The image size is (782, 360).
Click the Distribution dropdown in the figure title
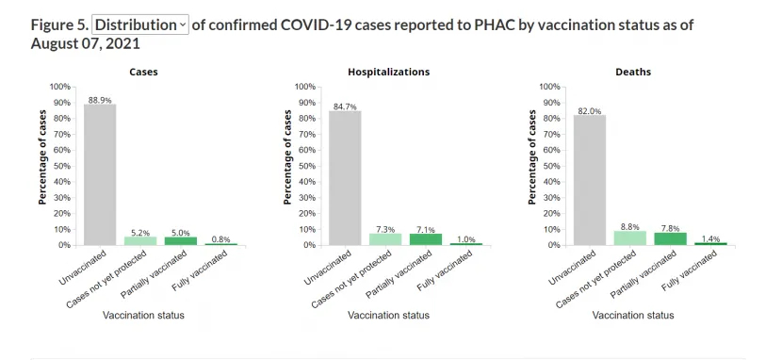pyautogui.click(x=140, y=25)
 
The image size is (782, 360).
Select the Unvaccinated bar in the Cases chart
pyautogui.click(x=100, y=174)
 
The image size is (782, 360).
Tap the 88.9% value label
pyautogui.click(x=100, y=100)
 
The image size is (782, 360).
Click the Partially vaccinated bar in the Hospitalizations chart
pyautogui.click(x=427, y=239)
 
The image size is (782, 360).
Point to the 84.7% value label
pyautogui.click(x=345, y=106)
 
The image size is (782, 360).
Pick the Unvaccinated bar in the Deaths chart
pyautogui.click(x=590, y=180)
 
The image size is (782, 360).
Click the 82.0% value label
pyautogui.click(x=590, y=111)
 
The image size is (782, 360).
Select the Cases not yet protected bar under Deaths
pyautogui.click(x=630, y=237)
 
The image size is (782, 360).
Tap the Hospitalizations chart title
pyautogui.click(x=388, y=72)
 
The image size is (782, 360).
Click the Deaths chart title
pyautogui.click(x=633, y=72)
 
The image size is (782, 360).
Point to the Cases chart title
pyautogui.click(x=143, y=72)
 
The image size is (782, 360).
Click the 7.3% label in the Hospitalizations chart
pyautogui.click(x=385, y=229)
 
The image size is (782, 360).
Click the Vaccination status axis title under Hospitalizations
pyautogui.click(x=388, y=315)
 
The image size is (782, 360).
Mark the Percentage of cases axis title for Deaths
pyautogui.click(x=532, y=157)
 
